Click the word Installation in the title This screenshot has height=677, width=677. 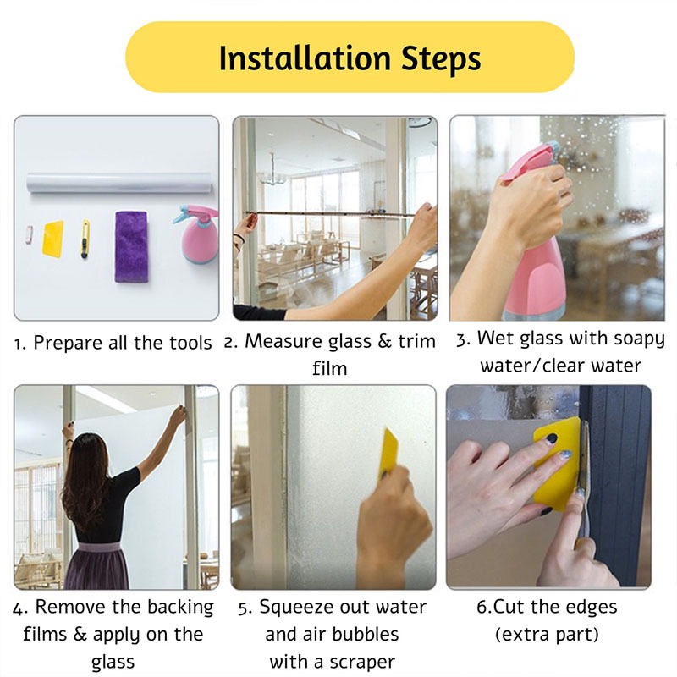coord(305,58)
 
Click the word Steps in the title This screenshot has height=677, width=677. coord(441,60)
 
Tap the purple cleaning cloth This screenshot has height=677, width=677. coord(132,246)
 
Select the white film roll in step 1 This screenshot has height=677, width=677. coord(119,183)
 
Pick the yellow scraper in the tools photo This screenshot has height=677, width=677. coord(53,239)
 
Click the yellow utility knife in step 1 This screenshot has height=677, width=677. coord(85,239)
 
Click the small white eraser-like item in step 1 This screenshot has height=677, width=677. coord(29,235)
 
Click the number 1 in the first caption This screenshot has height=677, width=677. coord(18,344)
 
